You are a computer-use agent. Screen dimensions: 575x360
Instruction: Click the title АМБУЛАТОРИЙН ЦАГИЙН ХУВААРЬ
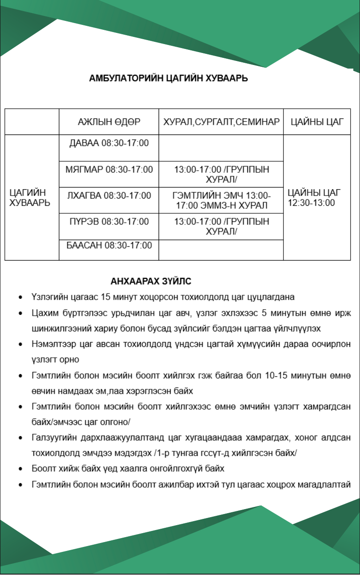(168, 78)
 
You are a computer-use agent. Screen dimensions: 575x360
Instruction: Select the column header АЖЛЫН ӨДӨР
(109, 122)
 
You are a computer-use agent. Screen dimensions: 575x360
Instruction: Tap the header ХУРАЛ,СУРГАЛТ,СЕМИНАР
(221, 122)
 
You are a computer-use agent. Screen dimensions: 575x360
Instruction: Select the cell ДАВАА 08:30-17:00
(109, 143)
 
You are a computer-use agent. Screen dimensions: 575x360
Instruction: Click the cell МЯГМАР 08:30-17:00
(109, 170)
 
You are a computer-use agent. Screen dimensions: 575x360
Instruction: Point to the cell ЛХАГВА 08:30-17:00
(109, 196)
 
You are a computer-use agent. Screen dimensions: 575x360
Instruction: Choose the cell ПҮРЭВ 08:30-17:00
(109, 221)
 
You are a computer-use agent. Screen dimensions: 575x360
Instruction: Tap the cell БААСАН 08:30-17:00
(109, 245)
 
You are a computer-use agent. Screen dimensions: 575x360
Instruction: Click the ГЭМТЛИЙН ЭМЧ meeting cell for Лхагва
(221, 200)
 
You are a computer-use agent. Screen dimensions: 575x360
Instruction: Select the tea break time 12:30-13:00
(311, 203)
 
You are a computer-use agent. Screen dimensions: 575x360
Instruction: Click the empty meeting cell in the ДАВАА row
(221, 148)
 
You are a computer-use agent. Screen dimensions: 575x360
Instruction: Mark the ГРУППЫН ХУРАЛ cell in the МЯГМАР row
(221, 174)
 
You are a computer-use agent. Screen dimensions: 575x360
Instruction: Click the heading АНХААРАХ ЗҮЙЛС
(151, 281)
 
